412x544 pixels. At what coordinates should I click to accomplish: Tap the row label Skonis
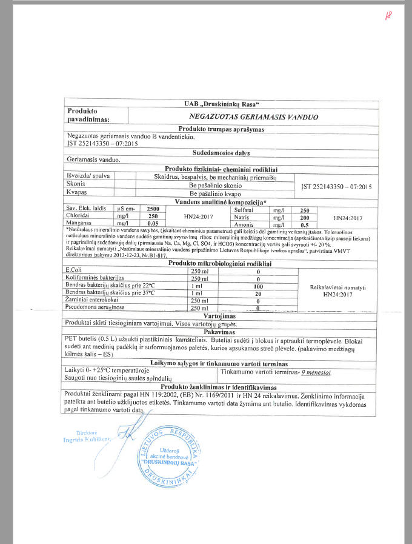[x=76, y=184]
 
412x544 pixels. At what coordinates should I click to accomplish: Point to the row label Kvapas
[x=77, y=192]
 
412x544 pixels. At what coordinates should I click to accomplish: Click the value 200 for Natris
[x=305, y=217]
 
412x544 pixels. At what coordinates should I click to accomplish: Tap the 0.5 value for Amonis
[x=305, y=224]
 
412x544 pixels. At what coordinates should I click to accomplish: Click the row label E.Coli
[x=74, y=269]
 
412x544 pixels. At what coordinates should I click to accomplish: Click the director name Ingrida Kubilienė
[x=88, y=440]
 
